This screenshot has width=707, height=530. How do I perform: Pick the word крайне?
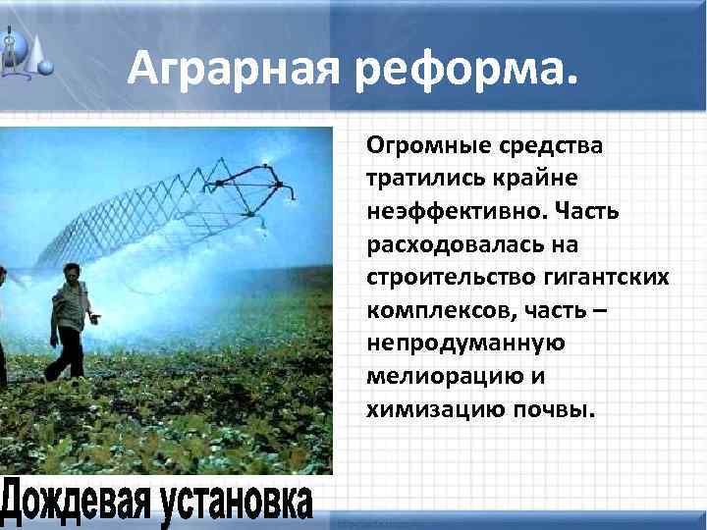[x=536, y=180]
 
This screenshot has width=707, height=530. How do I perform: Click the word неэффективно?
[x=451, y=212]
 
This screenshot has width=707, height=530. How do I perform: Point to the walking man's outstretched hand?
[x=95, y=318]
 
